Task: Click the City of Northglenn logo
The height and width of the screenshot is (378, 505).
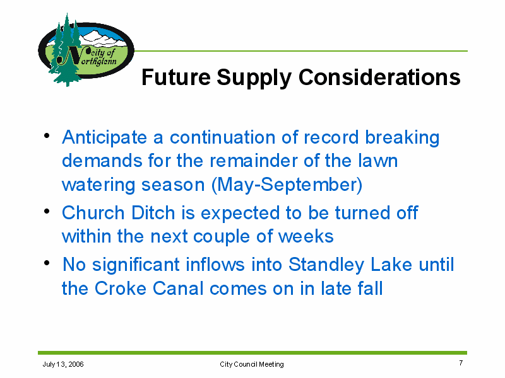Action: (x=86, y=50)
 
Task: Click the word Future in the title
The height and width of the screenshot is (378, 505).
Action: (x=176, y=77)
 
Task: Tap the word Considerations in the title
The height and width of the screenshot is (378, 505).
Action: (x=379, y=77)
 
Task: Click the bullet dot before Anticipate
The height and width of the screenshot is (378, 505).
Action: (x=47, y=135)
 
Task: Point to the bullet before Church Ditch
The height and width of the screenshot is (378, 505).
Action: (x=47, y=211)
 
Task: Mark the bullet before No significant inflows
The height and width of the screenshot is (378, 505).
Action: (x=47, y=263)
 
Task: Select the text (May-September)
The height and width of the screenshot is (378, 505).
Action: (x=287, y=185)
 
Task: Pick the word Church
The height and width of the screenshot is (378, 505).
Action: (x=93, y=213)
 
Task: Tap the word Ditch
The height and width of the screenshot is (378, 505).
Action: (x=153, y=213)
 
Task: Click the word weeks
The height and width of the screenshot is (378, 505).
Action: (x=306, y=236)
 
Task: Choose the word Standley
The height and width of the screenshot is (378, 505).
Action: (x=326, y=265)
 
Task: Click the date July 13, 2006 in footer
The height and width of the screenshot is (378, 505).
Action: (x=63, y=364)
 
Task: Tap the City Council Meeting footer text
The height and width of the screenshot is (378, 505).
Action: (x=252, y=364)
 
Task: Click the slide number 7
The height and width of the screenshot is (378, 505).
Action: (x=461, y=363)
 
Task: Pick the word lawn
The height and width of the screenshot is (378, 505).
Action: (x=377, y=161)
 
